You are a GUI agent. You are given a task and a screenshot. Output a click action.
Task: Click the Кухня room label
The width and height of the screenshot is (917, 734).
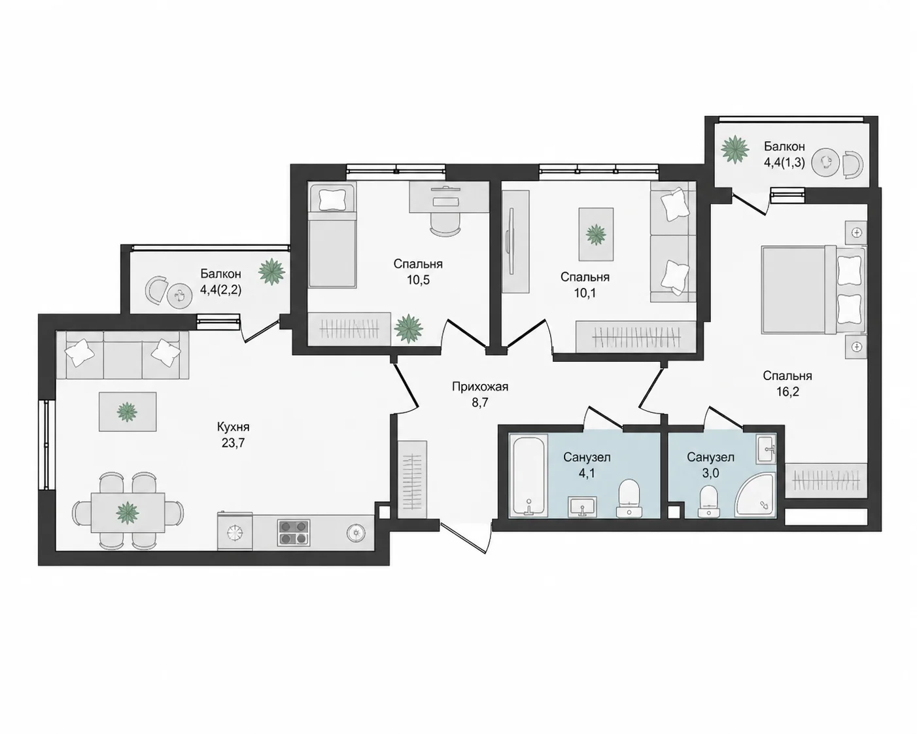tap(233, 427)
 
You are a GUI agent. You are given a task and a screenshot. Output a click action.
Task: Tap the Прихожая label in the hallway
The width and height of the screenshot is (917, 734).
tap(480, 387)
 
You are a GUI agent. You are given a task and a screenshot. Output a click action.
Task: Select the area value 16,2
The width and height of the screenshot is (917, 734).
tap(787, 392)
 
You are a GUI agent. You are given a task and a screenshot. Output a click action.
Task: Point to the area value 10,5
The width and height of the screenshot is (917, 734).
tap(417, 280)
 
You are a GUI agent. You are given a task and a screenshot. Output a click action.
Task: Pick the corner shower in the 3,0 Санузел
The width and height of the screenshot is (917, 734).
tap(755, 495)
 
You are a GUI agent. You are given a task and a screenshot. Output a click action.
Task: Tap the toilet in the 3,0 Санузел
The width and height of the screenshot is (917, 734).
tap(708, 502)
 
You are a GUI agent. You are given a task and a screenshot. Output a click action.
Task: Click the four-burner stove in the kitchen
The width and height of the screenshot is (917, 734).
tap(294, 533)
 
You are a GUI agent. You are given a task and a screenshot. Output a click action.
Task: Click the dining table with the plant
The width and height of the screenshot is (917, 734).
tap(128, 512)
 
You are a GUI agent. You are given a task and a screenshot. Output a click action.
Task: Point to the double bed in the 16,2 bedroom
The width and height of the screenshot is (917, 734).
tap(814, 290)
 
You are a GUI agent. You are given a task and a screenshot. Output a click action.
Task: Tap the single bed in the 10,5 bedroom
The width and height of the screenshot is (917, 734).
tap(332, 235)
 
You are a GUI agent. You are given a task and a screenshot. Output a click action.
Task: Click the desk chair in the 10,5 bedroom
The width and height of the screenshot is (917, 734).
tap(445, 224)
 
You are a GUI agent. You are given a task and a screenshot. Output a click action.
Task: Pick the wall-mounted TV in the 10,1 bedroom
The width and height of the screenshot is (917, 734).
tap(510, 241)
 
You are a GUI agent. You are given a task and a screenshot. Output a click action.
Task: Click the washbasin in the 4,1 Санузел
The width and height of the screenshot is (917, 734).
tap(582, 506)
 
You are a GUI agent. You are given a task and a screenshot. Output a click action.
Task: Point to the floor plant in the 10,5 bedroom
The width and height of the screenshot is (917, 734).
tap(408, 328)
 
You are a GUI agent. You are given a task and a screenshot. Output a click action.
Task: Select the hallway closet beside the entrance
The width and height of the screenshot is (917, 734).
tap(413, 480)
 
